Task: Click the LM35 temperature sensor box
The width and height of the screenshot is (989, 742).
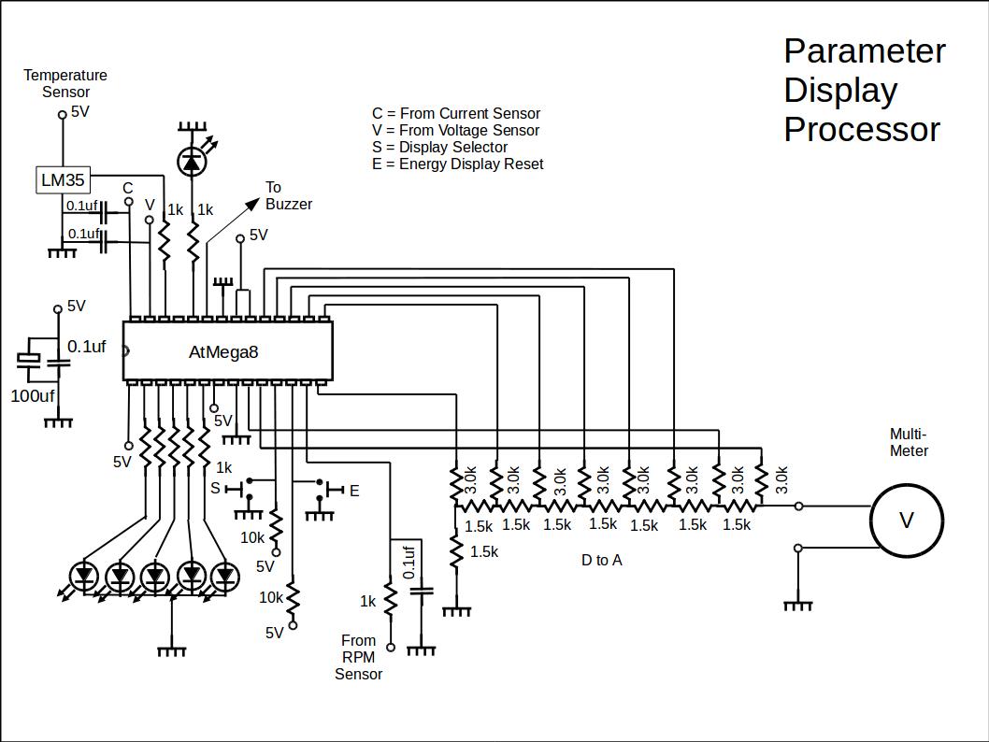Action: [64, 179]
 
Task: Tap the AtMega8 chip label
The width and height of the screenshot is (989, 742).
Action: [223, 352]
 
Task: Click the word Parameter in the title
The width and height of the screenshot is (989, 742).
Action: [865, 50]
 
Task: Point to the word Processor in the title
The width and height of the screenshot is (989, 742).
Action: [862, 129]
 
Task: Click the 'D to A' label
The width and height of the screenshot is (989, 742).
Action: [601, 560]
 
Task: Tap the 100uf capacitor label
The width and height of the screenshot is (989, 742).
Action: [33, 396]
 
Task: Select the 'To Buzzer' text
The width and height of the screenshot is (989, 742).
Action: [288, 195]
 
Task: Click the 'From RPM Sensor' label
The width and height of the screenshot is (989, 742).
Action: [359, 657]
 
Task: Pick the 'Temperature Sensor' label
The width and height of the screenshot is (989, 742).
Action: [65, 83]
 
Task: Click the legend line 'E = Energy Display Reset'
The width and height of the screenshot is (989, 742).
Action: [457, 164]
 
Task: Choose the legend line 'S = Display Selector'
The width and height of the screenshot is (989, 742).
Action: [439, 147]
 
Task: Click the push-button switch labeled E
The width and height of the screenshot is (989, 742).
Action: [322, 489]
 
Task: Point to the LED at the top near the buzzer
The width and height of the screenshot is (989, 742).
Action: [193, 163]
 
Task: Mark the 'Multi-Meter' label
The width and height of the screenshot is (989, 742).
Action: [909, 442]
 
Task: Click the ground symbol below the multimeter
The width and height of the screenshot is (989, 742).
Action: [797, 605]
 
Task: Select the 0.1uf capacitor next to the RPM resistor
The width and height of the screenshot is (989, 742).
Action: [423, 590]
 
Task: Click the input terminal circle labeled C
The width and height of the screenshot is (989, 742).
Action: [129, 201]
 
